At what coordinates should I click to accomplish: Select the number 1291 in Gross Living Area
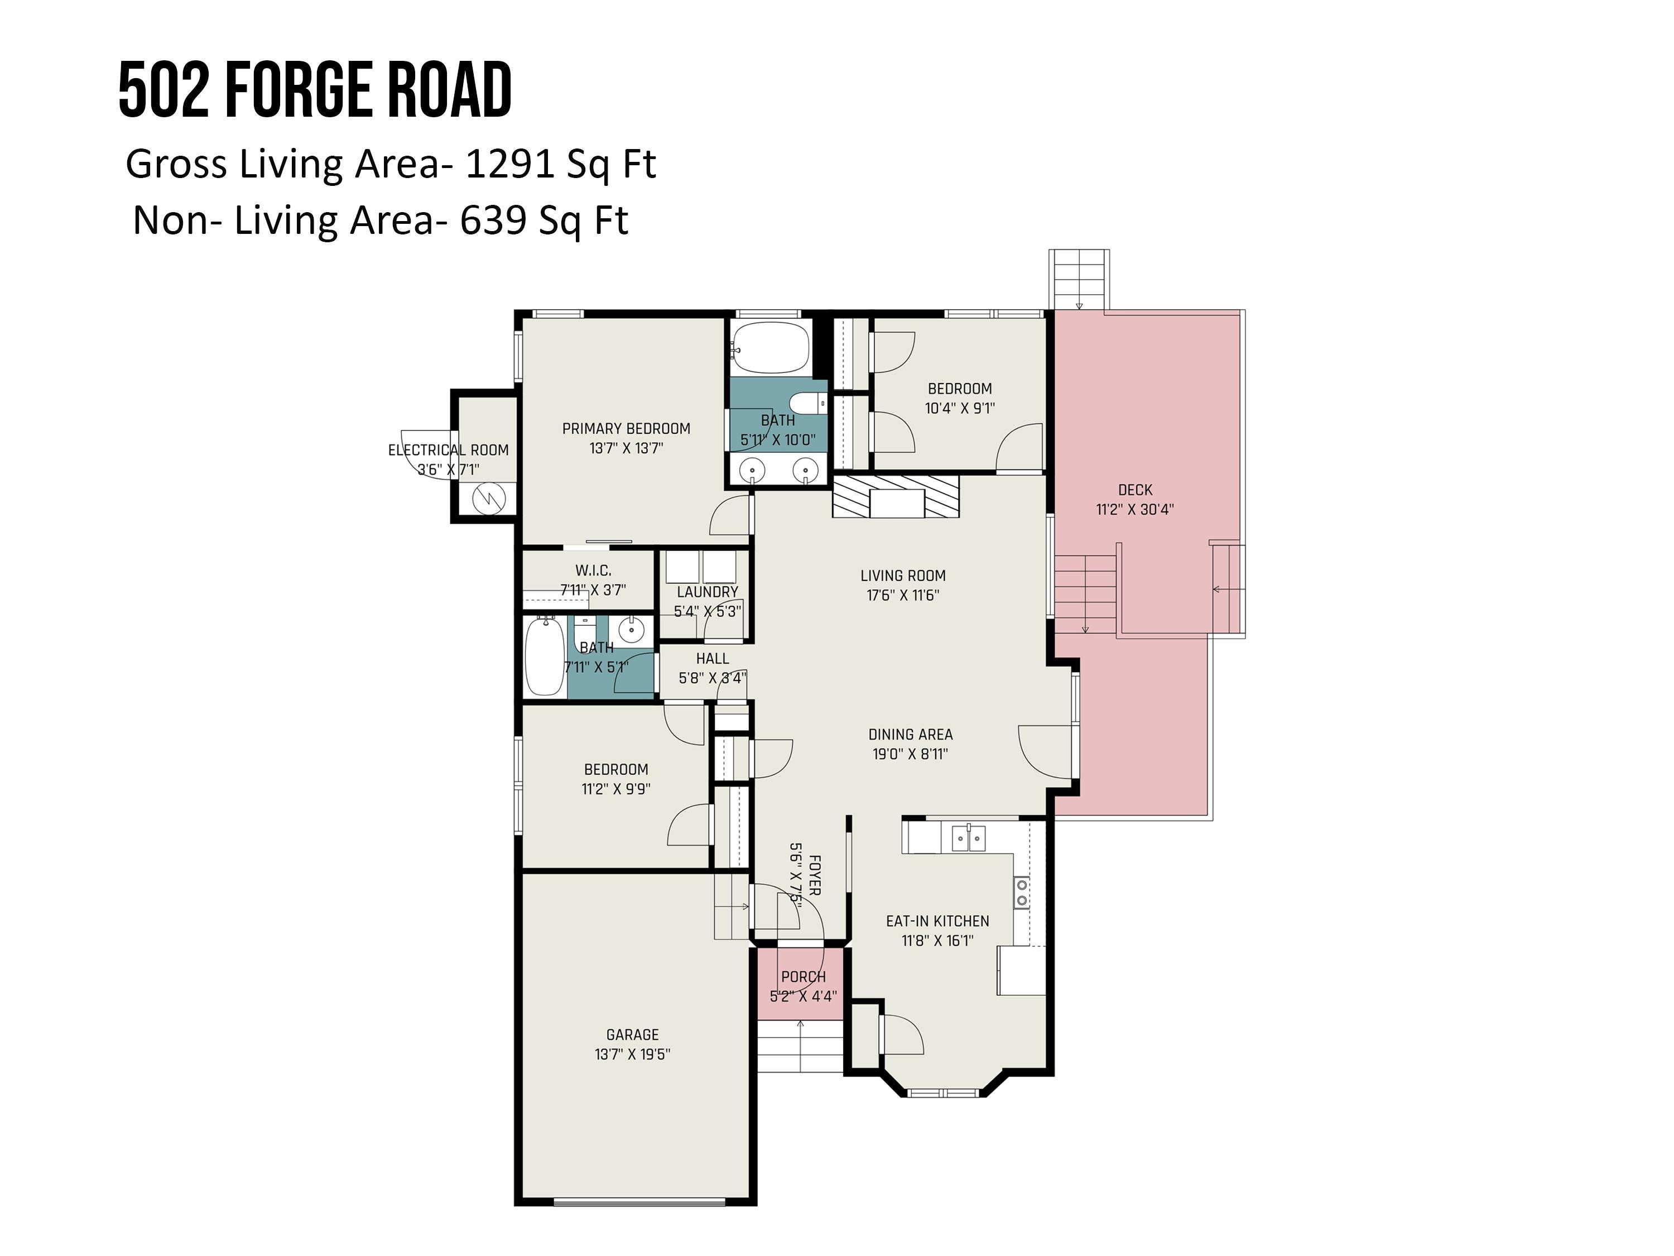pos(510,164)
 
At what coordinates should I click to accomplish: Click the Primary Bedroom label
pos(626,429)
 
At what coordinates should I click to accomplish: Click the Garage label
pos(632,1034)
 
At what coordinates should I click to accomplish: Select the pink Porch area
pos(802,984)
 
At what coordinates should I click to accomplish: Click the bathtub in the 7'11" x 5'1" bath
pos(544,656)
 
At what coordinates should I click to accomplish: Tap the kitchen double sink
pos(968,838)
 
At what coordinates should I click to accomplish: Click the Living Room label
pos(902,576)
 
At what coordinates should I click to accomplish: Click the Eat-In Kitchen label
pos(937,921)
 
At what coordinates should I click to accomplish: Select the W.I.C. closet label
pos(593,570)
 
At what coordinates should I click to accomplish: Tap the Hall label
pos(712,659)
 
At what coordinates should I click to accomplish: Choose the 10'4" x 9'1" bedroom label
pos(959,389)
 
